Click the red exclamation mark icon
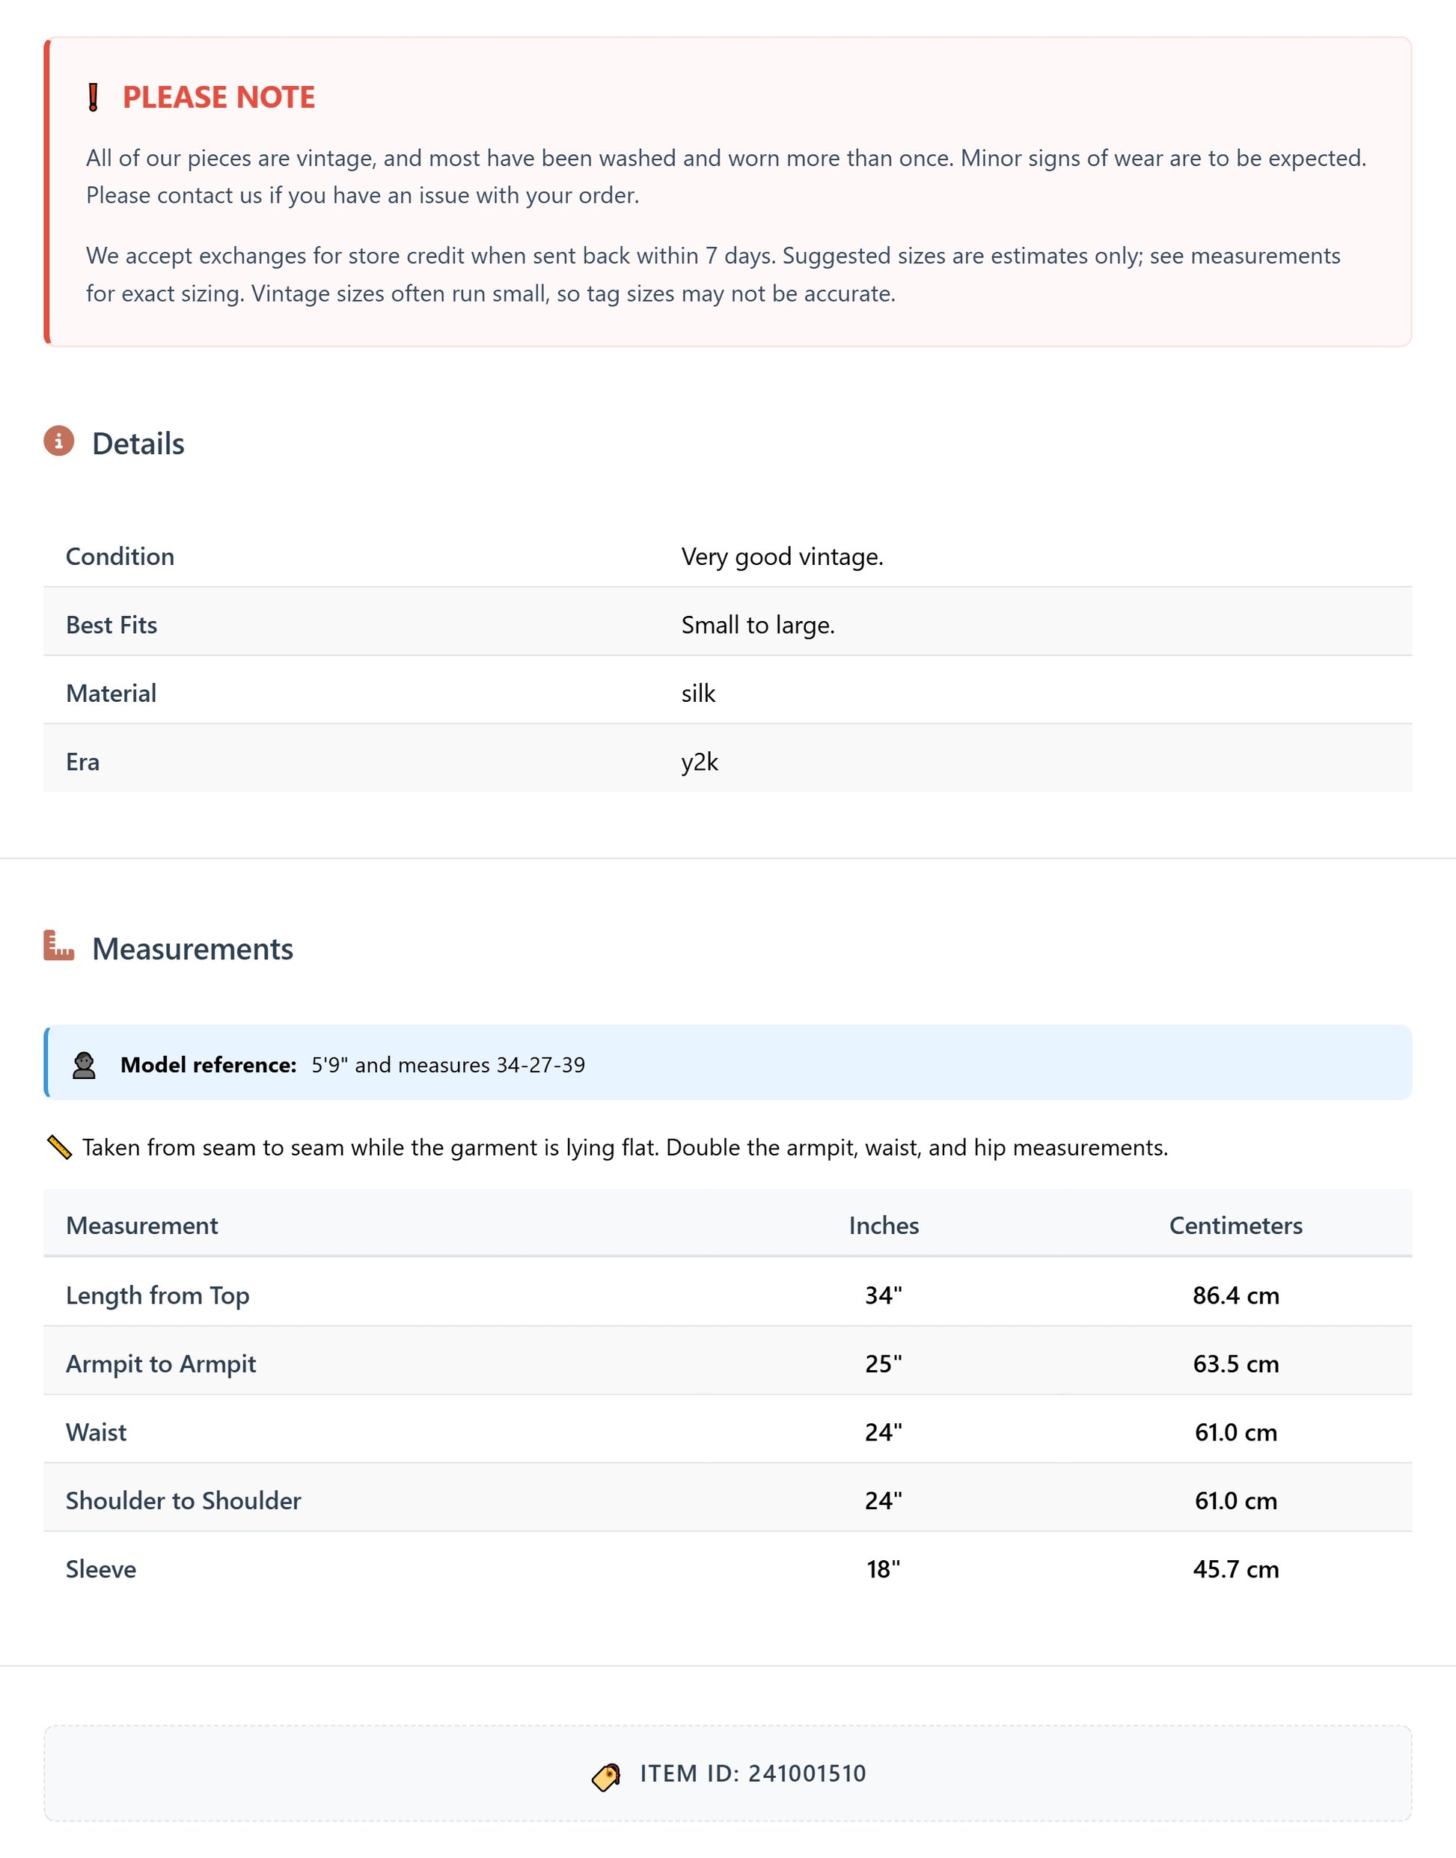click(x=93, y=97)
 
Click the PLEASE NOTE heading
click(x=218, y=97)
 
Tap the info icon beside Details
click(x=59, y=441)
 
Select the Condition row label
click(x=120, y=557)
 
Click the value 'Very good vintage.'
click(x=782, y=557)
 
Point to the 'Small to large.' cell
click(x=757, y=625)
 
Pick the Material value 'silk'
click(x=698, y=693)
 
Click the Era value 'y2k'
click(x=699, y=762)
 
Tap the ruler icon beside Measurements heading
click(x=59, y=946)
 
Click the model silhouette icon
click(x=84, y=1065)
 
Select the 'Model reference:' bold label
click(x=208, y=1065)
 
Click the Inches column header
click(x=883, y=1225)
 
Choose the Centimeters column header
click(x=1235, y=1225)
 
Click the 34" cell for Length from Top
click(x=883, y=1295)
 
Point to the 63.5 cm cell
click(x=1235, y=1363)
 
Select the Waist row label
click(x=97, y=1431)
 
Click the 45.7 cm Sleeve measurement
click(x=1235, y=1569)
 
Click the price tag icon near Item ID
click(x=606, y=1778)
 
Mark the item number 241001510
click(x=807, y=1773)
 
